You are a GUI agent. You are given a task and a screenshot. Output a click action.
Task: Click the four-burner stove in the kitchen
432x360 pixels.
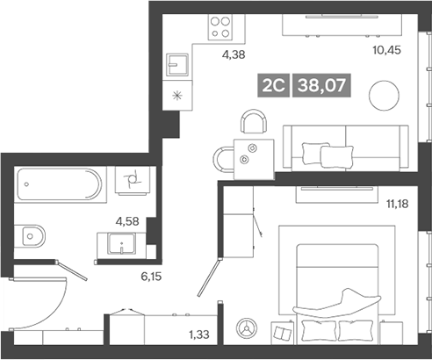click(220, 27)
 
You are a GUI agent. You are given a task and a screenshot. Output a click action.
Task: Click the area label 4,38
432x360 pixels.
click(233, 55)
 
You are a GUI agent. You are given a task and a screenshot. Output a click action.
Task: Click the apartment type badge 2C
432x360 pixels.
click(271, 86)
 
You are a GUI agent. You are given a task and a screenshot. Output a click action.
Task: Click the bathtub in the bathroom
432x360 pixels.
click(58, 185)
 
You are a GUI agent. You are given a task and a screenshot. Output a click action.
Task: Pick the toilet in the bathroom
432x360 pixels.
click(32, 234)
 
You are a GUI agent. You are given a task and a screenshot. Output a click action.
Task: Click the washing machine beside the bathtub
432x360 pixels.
click(133, 180)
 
